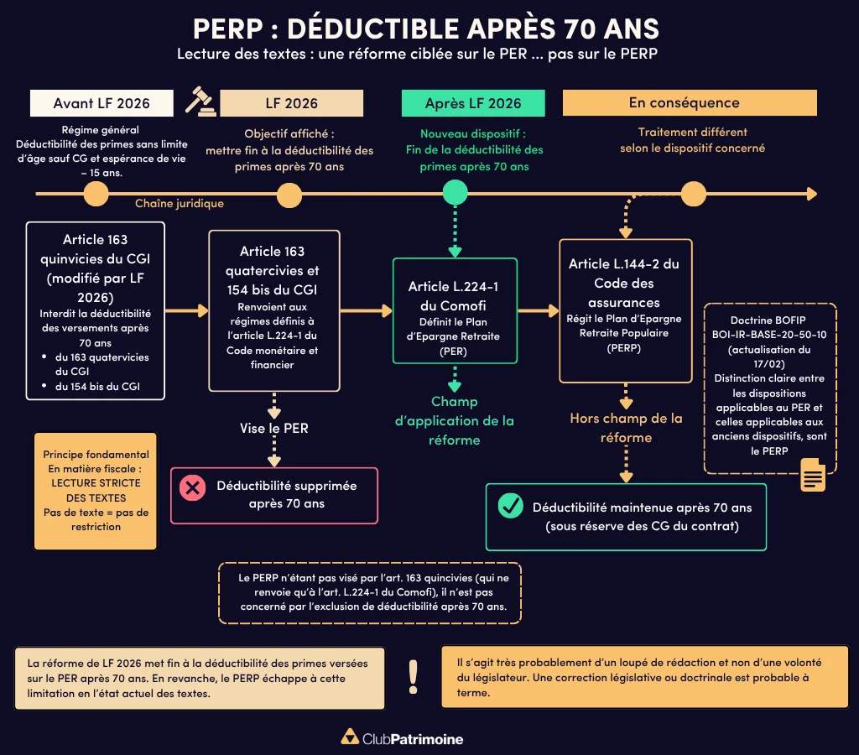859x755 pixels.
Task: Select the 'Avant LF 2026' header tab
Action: [x=102, y=103]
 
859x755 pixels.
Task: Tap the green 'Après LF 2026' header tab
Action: [x=473, y=103]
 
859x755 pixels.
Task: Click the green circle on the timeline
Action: [x=455, y=194]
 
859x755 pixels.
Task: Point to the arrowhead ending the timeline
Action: [x=810, y=194]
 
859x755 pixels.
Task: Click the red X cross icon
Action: [x=193, y=487]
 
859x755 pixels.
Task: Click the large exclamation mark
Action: [x=413, y=676]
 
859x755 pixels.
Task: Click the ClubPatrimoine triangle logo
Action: [x=349, y=738]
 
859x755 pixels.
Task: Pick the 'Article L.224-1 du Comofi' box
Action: [x=455, y=310]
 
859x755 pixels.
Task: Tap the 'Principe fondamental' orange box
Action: [x=96, y=491]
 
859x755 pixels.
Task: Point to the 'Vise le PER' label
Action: [x=273, y=428]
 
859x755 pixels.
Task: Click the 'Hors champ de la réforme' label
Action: [x=626, y=427]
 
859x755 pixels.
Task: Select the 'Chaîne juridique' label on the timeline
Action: [x=180, y=204]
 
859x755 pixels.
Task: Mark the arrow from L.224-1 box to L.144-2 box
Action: [x=538, y=311]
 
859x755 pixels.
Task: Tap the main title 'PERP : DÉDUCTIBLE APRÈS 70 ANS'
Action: [x=426, y=29]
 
